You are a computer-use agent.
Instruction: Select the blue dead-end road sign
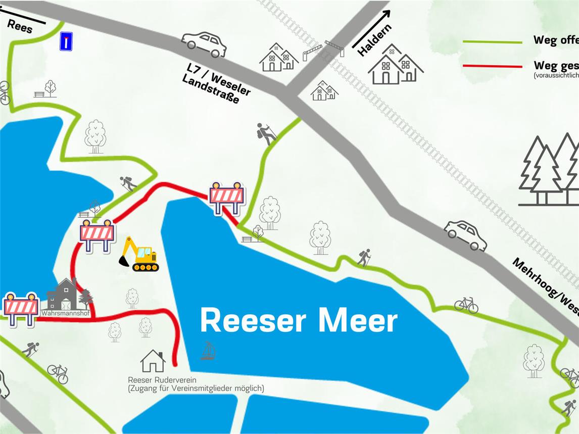point(66,41)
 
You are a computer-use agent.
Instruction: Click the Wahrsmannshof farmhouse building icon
point(63,295)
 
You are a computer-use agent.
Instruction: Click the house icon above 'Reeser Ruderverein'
point(153,361)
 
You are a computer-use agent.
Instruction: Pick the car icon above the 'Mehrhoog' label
point(465,235)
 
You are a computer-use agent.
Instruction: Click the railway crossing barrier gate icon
point(323,50)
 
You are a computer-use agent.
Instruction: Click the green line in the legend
point(493,42)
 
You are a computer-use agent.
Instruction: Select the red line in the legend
point(493,66)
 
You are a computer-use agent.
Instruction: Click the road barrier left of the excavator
point(98,234)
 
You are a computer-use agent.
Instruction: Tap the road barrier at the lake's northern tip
point(227,196)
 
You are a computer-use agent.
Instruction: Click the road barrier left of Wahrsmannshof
point(21,307)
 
